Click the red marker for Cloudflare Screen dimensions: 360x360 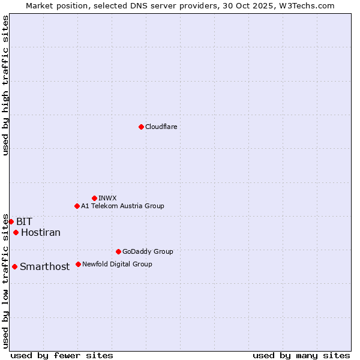click(x=141, y=127)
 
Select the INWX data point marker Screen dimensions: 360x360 click(x=94, y=198)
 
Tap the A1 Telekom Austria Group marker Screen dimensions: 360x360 click(x=77, y=206)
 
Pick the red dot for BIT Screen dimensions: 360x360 click(x=11, y=221)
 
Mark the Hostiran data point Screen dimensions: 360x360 click(x=16, y=232)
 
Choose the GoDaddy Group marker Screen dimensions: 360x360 click(x=118, y=251)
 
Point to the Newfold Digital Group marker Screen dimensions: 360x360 click(x=78, y=264)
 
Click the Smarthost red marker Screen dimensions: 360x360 click(x=14, y=266)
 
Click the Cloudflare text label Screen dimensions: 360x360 click(x=161, y=127)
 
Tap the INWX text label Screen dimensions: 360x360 click(x=107, y=198)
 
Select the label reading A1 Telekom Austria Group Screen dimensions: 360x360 click(x=122, y=206)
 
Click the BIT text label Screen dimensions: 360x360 click(x=24, y=221)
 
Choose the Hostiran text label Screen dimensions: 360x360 click(x=41, y=232)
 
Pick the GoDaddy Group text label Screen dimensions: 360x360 click(x=148, y=251)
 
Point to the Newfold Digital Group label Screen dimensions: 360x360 click(x=117, y=264)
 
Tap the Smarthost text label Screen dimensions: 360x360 click(x=45, y=266)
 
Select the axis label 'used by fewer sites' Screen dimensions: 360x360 click(x=62, y=355)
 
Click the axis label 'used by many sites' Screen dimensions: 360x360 click(x=301, y=355)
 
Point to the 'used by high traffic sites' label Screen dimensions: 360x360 click(x=5, y=86)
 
